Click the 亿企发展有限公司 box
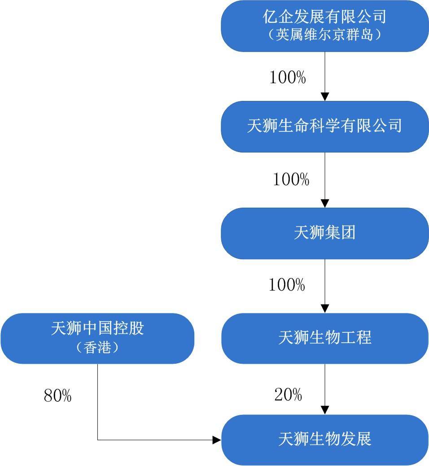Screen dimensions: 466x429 click(324, 18)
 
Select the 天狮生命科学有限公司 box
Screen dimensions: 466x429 click(324, 126)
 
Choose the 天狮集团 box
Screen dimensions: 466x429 click(324, 233)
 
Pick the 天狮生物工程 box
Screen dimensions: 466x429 click(324, 338)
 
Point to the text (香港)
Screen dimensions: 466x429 click(97, 348)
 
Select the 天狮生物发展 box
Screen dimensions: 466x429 click(324, 439)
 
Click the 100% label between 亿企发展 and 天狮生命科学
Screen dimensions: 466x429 click(288, 78)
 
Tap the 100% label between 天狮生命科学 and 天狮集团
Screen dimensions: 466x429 click(291, 180)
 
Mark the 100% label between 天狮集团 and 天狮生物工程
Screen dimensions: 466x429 click(287, 285)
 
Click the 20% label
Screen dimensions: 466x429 click(288, 395)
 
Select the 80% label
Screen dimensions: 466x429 click(57, 396)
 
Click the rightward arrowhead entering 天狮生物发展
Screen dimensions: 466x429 click(217, 440)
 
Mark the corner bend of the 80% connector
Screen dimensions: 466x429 click(98, 440)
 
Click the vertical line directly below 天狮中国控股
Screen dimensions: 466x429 click(98, 399)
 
